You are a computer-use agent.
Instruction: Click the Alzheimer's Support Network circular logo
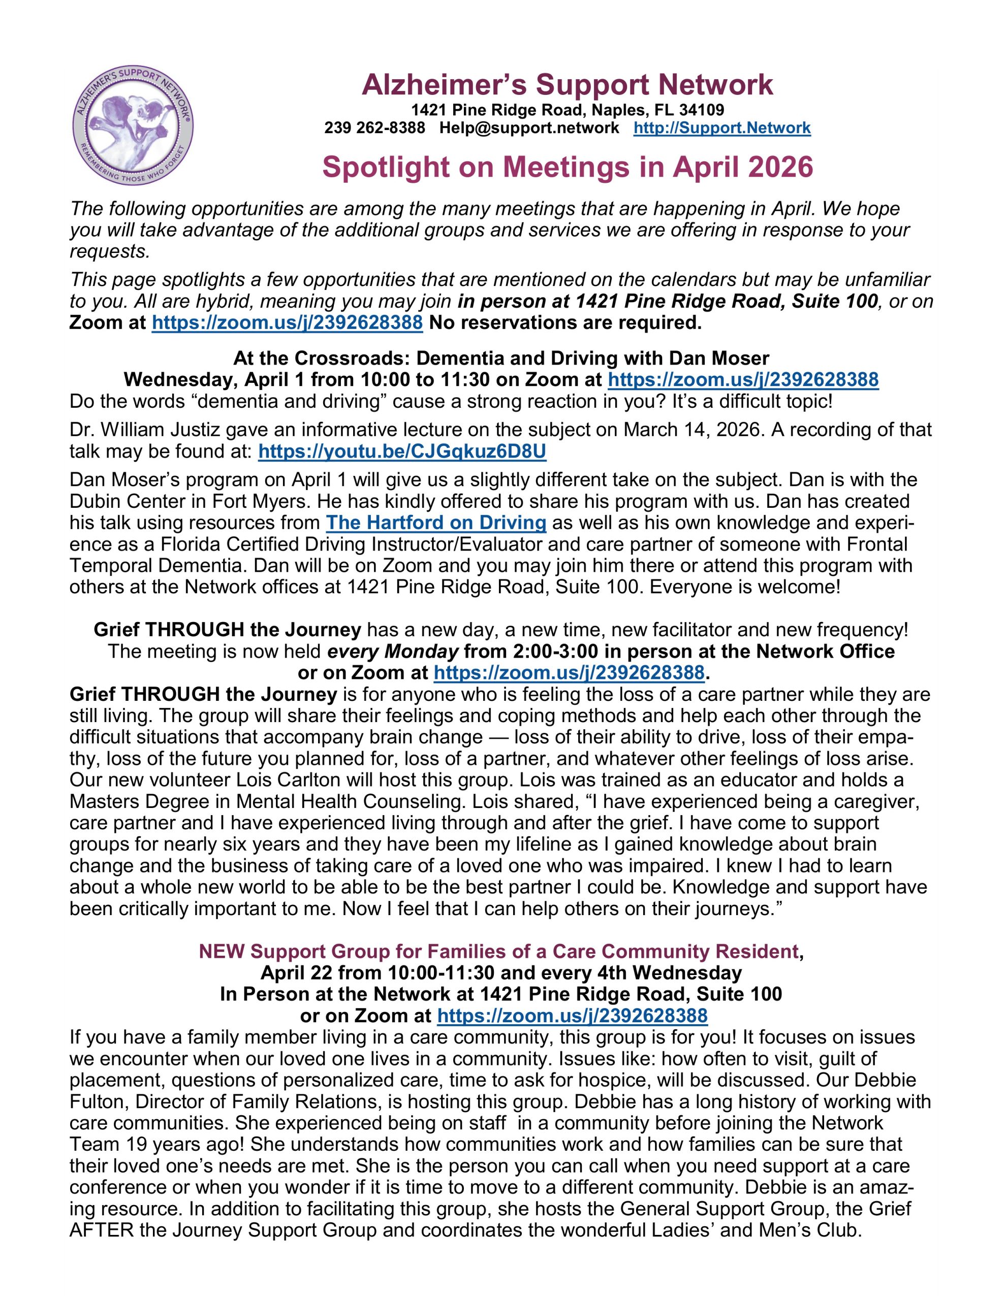132,125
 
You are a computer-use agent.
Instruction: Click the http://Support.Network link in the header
721,128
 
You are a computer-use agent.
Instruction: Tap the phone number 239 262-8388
374,128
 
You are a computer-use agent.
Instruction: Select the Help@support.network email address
529,128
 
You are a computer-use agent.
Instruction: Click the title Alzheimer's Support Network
567,85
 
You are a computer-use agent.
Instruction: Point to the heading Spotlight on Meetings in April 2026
567,167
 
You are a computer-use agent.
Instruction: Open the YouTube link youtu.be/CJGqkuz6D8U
402,452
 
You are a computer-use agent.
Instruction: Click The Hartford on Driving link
435,523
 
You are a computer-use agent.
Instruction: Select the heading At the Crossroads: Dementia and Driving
500,359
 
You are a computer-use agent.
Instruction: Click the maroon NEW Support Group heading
498,952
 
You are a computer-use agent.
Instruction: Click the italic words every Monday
393,651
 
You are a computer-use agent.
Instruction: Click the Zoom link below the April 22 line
572,1016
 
